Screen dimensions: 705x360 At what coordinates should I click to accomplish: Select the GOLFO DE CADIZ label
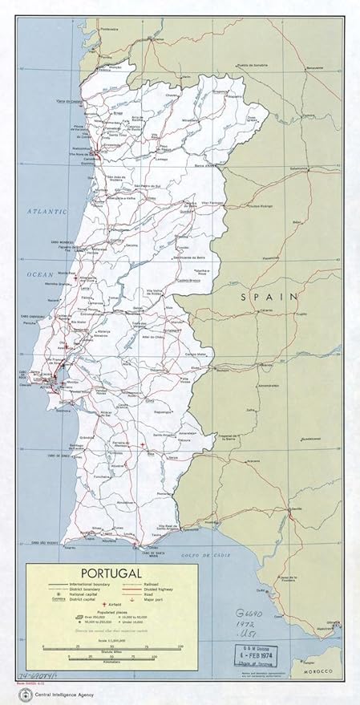[x=195, y=553]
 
